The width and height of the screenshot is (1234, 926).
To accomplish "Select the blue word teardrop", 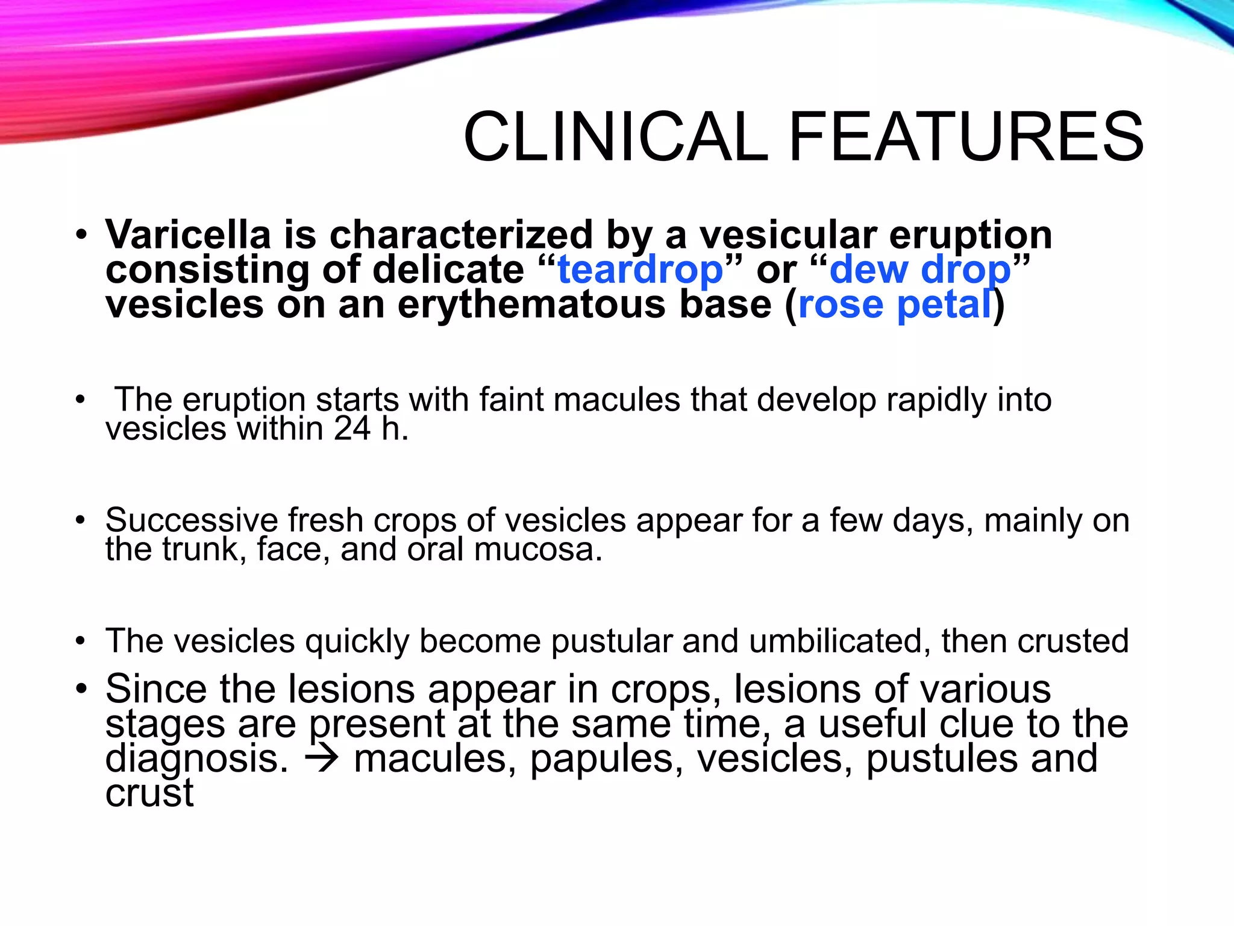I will pos(640,269).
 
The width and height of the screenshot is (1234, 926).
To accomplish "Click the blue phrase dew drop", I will pos(919,269).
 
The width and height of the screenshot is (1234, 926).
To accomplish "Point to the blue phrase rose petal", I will pos(894,304).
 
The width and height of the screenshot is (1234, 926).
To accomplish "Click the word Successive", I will pos(191,520).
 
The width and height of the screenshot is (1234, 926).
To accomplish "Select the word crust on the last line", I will pos(149,793).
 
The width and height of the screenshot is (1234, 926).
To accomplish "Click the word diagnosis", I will pos(196,759).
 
